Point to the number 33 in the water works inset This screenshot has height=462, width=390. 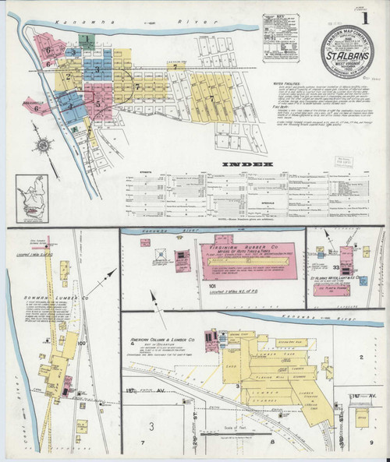[336, 266]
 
